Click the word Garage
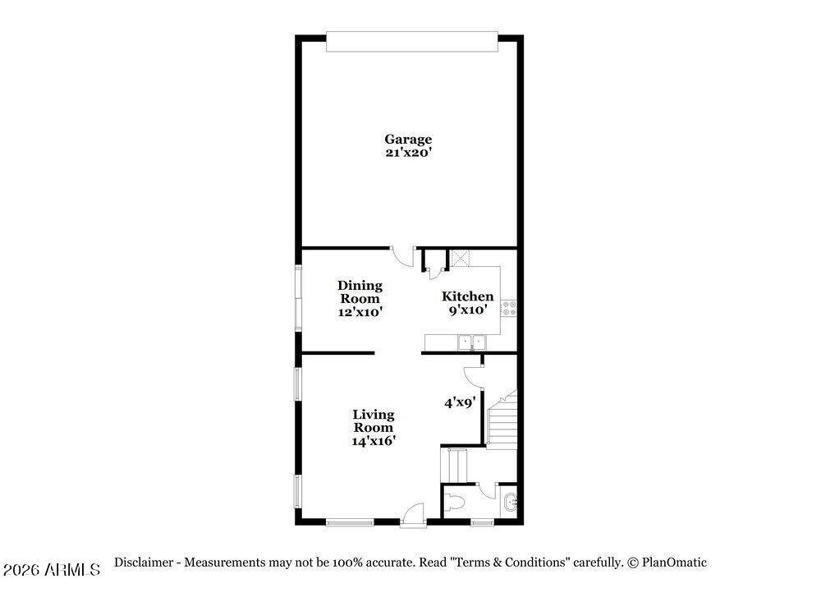tap(408, 140)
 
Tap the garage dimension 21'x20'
tap(408, 153)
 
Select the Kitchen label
tap(467, 296)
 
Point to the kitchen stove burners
tap(509, 308)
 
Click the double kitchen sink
tap(472, 342)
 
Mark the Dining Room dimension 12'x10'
tap(360, 312)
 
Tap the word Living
tap(374, 415)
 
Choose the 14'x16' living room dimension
tap(374, 441)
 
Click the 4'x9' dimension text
tap(460, 402)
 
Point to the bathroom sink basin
tap(510, 503)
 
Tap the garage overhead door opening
tap(411, 42)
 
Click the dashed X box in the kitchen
tap(461, 259)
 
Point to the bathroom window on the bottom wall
tap(482, 521)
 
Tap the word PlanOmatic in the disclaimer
tap(674, 563)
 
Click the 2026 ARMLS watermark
tap(51, 570)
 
